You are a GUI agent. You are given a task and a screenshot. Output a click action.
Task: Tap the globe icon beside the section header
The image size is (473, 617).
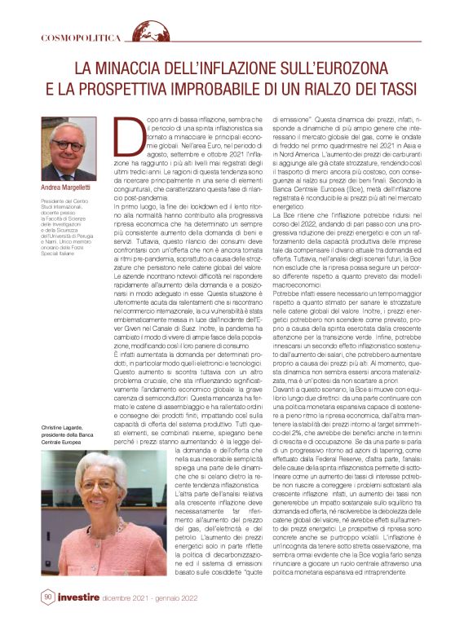pos(128,34)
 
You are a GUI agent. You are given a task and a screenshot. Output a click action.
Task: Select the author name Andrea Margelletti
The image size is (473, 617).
pos(73,187)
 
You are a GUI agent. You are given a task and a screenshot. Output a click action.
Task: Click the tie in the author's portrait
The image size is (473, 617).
pos(71,171)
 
